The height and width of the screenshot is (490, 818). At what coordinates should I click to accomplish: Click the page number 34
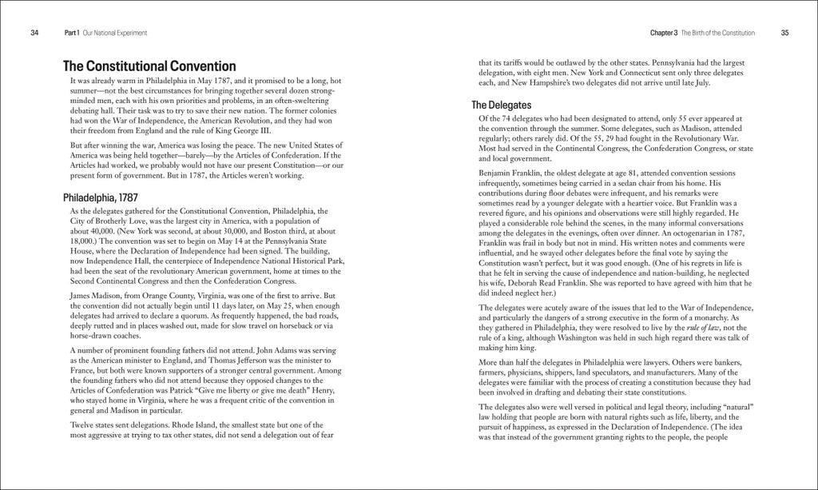click(x=34, y=33)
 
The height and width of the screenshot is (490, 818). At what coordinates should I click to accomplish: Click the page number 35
click(x=784, y=33)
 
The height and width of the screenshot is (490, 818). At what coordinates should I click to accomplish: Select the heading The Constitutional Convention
click(x=149, y=66)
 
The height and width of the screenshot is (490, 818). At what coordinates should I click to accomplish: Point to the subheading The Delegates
click(x=501, y=105)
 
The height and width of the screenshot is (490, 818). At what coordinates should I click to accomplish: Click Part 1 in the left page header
click(x=73, y=33)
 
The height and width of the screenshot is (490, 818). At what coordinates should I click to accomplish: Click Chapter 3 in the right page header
click(x=665, y=33)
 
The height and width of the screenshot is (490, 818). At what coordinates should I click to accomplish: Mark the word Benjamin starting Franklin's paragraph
click(x=498, y=172)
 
